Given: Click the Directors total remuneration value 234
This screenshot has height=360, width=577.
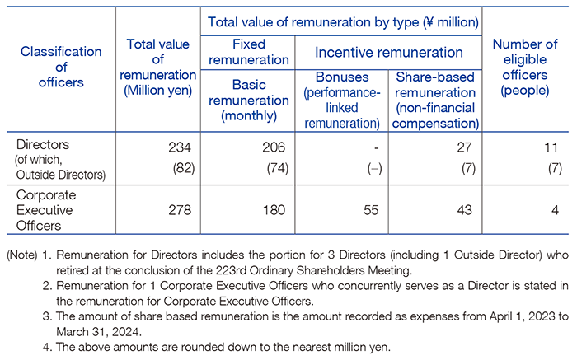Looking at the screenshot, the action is click(x=180, y=147).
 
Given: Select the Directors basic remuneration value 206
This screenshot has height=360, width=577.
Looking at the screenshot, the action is click(x=274, y=147).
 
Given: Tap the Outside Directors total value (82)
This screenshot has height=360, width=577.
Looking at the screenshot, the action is click(x=184, y=168).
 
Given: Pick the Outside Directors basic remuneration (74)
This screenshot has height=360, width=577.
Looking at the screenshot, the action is click(x=278, y=168).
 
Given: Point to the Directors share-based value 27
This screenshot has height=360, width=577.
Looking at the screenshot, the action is click(x=464, y=147).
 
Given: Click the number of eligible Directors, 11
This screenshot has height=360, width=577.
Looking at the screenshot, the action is click(x=551, y=147).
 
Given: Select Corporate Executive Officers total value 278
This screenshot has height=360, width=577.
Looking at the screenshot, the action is click(x=180, y=210).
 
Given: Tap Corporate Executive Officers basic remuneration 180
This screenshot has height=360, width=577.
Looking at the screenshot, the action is click(x=274, y=210).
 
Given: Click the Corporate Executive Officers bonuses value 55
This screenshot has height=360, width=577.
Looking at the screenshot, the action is click(x=371, y=210).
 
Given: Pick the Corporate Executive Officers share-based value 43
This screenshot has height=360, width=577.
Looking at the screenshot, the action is click(x=464, y=210).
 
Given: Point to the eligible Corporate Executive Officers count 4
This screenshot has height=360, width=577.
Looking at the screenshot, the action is click(x=555, y=210).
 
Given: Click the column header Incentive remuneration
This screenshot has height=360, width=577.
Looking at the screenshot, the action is click(x=388, y=53).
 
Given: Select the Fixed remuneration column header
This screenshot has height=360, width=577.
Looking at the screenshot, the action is click(x=249, y=52).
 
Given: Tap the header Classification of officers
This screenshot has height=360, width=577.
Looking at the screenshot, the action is click(x=61, y=67).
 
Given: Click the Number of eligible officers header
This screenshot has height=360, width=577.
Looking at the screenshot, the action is click(x=525, y=68).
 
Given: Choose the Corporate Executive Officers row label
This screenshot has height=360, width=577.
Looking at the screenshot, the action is click(x=46, y=210).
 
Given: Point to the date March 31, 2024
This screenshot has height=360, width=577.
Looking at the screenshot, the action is click(x=99, y=332).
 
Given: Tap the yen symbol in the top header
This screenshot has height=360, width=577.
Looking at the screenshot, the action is click(x=428, y=22).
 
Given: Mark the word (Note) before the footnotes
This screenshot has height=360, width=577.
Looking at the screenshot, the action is click(x=22, y=255).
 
